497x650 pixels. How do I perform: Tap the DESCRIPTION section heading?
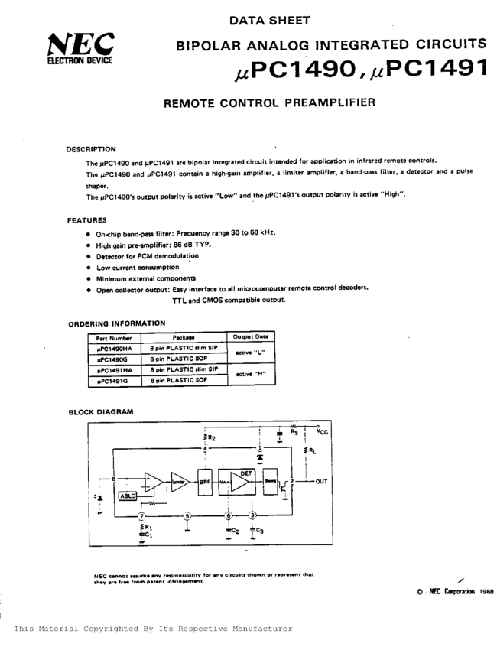91,149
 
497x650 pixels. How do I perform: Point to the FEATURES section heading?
86,220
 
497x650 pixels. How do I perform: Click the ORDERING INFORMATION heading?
116,323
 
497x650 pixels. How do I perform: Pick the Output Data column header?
251,337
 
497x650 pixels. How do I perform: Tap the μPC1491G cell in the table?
112,379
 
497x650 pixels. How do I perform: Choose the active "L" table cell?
251,353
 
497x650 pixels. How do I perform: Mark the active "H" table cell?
251,374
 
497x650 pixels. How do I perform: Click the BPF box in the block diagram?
204,482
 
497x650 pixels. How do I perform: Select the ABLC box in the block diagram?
127,496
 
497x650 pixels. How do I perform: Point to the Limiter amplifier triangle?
180,482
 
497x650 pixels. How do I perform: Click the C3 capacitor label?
258,530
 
